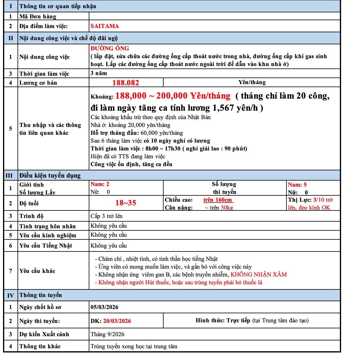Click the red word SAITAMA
pyautogui.click(x=104, y=26)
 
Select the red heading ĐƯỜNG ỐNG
pyautogui.click(x=110, y=48)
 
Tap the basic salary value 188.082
pyautogui.click(x=126, y=83)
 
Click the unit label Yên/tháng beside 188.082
pyautogui.click(x=252, y=82)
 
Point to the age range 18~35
pyautogui.click(x=126, y=203)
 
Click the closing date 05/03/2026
pyautogui.click(x=104, y=307)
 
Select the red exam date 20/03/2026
pyautogui.click(x=117, y=321)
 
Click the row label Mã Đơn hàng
pyautogui.click(x=38, y=17)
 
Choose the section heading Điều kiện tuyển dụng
pyautogui.click(x=50, y=175)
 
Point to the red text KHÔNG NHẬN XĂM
pyautogui.click(x=259, y=275)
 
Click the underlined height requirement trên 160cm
pyautogui.click(x=218, y=200)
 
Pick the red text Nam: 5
pyautogui.click(x=297, y=185)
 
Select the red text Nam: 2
pyautogui.click(x=100, y=184)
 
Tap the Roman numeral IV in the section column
pyautogui.click(x=11, y=295)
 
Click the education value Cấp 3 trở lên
pyautogui.click(x=107, y=216)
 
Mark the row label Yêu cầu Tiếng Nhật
pyautogui.click(x=46, y=246)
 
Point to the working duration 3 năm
pyautogui.click(x=99, y=73)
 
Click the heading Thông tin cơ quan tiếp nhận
pyautogui.click(x=58, y=6)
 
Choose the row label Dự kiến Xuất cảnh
pyautogui.click(x=44, y=334)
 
